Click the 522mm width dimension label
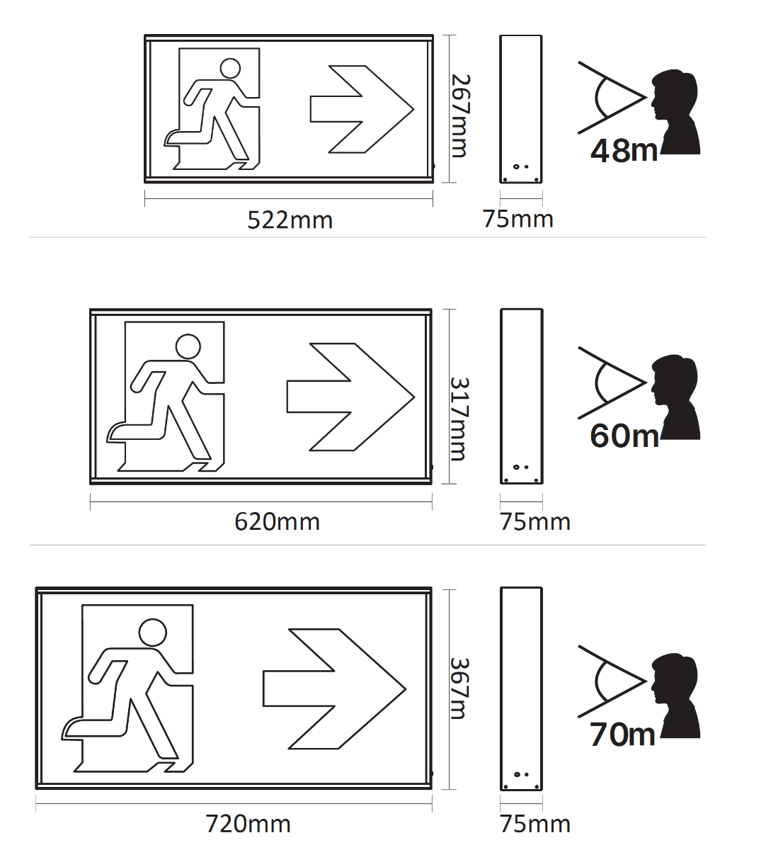290,220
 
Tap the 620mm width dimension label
277,522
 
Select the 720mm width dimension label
248,824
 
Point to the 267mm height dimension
460,115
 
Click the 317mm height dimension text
459,419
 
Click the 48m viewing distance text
624,151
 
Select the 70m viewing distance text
622,735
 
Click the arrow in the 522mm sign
362,109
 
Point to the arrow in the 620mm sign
350,397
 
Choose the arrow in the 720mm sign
334,689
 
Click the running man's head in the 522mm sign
230,69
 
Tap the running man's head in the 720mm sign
153,633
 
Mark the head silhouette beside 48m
675,112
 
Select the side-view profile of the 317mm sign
521,397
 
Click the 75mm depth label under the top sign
517,219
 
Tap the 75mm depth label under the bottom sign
535,824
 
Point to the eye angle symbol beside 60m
612,382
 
